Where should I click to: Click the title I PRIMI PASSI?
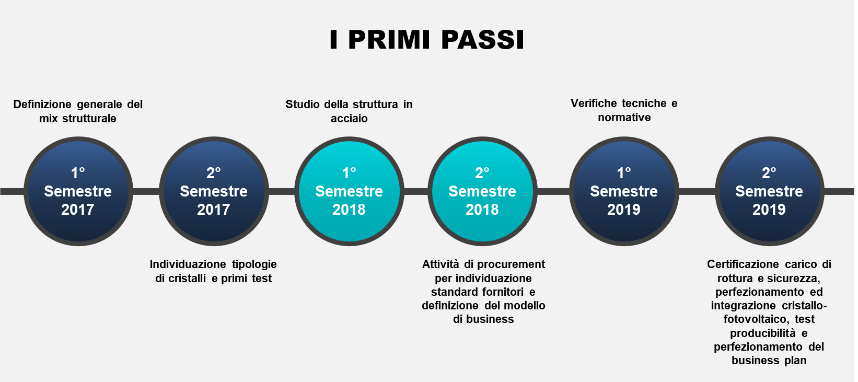point(427,40)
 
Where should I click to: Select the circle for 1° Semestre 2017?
point(78,191)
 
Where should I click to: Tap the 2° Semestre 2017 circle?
point(214,191)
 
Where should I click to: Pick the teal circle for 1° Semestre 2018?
point(350,191)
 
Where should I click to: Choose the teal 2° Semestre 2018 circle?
point(483,191)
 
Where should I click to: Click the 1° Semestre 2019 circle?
point(624,191)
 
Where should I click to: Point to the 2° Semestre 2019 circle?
point(770,191)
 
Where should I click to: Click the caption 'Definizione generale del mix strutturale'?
point(78,111)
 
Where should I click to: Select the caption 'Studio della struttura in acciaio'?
point(349,111)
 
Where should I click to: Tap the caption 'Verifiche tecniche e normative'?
point(624,110)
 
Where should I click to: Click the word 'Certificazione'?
point(743,264)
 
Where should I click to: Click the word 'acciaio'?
point(349,119)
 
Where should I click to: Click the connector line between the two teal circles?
point(416,192)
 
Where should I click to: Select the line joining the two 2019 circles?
point(697,192)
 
